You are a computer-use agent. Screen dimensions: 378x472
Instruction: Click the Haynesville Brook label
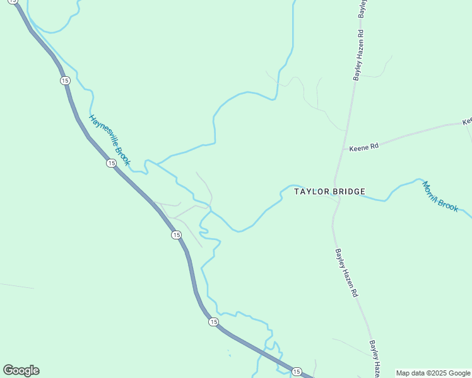tap(110, 140)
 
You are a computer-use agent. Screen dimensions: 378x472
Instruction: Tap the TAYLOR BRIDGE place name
tap(330, 192)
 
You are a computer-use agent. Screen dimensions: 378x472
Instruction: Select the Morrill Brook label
tap(440, 196)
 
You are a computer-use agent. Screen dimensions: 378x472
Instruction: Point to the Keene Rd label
tap(364, 147)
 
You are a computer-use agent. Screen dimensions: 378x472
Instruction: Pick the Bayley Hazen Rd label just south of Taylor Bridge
tap(346, 273)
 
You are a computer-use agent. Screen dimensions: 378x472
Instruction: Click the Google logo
tap(21, 370)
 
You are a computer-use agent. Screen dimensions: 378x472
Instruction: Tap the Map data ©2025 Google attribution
tap(433, 373)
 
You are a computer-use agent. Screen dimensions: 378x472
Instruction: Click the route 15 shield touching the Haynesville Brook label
tap(111, 163)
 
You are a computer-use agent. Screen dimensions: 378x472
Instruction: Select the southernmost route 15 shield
tap(297, 372)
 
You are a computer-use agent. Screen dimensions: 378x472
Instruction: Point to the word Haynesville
tap(103, 131)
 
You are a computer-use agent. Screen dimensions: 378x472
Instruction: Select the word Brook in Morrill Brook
tap(449, 203)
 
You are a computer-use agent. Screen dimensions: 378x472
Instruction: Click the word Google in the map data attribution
tap(459, 373)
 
